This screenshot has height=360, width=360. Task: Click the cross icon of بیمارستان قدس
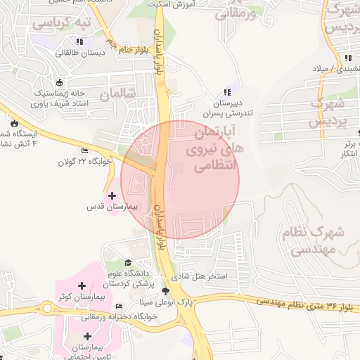[112, 194]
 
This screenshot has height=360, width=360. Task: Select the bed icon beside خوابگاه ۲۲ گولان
[85, 150]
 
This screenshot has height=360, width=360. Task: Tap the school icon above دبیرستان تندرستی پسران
[226, 92]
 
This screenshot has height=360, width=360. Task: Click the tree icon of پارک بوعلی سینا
[166, 291]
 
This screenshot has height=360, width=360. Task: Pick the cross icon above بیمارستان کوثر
[82, 285]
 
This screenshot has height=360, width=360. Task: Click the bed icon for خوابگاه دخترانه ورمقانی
[119, 307]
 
